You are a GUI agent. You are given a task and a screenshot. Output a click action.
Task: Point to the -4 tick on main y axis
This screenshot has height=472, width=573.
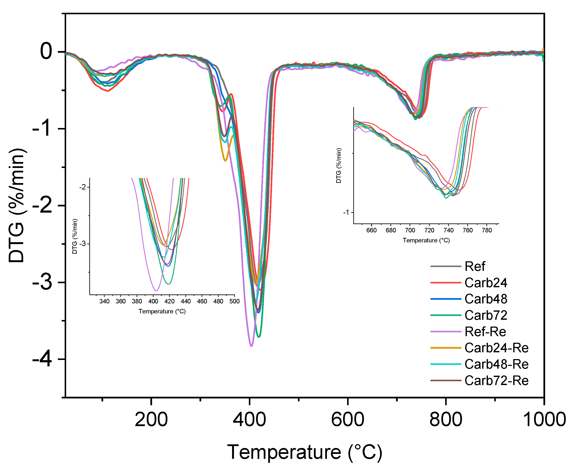pos(42,360)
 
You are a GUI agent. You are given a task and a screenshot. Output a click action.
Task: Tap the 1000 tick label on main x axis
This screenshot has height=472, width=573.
pos(544,419)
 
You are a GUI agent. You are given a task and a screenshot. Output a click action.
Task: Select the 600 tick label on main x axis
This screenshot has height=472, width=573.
pos(347,419)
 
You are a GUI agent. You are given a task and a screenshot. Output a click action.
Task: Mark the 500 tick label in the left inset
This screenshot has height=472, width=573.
pos(234,301)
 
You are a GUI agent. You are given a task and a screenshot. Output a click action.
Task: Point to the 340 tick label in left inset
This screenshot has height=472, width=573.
pos(104,301)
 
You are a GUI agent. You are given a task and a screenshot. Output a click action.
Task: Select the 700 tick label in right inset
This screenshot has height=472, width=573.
pos(410,230)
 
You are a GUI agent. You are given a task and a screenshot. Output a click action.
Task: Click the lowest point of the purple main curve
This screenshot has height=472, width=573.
pos(251,346)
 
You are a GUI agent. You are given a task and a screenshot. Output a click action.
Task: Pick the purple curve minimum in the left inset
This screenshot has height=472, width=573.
pos(156,291)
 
